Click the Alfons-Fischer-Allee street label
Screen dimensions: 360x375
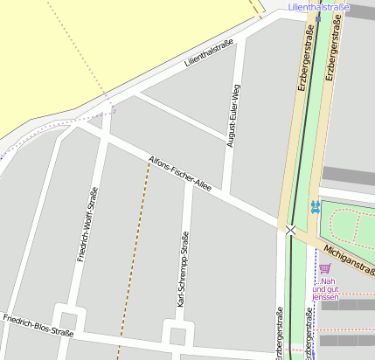click(x=181, y=176)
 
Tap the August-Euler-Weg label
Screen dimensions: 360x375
click(x=233, y=115)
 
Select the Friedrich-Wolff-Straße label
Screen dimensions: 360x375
click(x=87, y=225)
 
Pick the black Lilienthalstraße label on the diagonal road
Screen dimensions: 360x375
click(x=209, y=55)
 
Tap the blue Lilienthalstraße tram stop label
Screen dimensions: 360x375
click(x=318, y=7)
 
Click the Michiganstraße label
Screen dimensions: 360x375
click(x=348, y=256)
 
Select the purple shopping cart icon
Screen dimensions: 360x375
click(x=324, y=268)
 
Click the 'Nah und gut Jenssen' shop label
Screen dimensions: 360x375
click(x=325, y=289)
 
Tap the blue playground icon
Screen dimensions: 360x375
click(x=315, y=208)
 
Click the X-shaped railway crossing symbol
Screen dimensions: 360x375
click(x=290, y=230)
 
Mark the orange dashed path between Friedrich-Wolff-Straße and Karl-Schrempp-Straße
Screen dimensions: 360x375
click(x=134, y=253)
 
